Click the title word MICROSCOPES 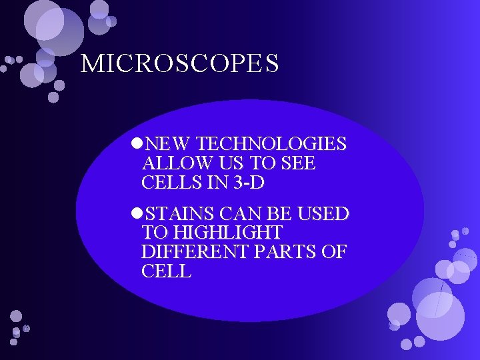click(x=179, y=64)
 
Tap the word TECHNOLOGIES click(x=272, y=144)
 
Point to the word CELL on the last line click(x=166, y=272)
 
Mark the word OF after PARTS click(x=336, y=253)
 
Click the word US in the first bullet click(x=224, y=163)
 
